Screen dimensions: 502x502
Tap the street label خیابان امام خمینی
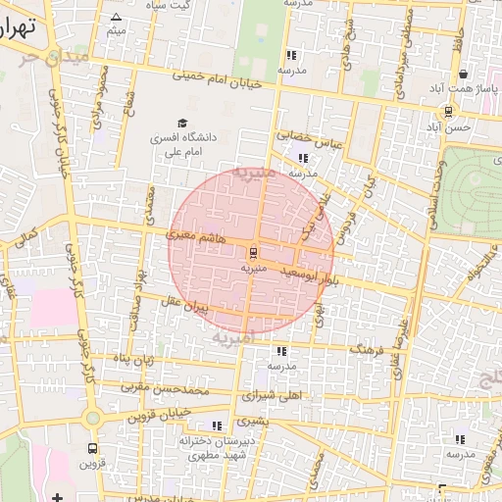pos(217,79)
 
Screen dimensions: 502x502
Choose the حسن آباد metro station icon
pos(448,112)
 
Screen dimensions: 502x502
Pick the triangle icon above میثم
pos(117,18)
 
